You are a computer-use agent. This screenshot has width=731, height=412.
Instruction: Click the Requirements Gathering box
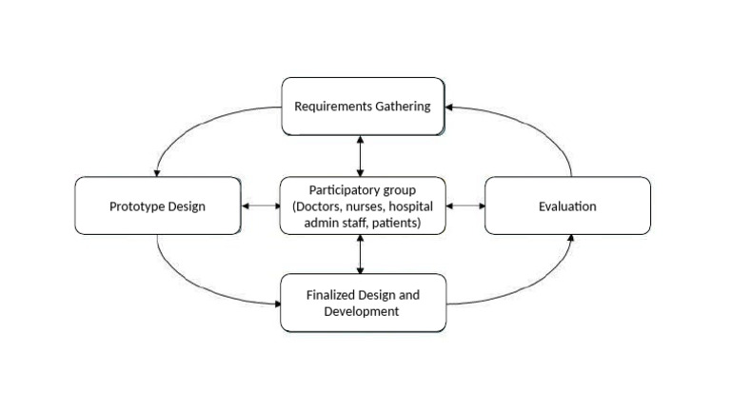tap(362, 106)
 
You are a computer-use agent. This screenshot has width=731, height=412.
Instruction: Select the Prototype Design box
tap(158, 206)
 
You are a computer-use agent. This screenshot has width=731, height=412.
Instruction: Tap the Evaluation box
tap(567, 206)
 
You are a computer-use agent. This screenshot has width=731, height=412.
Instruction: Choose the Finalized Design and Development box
tap(362, 303)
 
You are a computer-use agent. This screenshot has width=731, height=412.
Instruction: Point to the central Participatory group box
tap(362, 206)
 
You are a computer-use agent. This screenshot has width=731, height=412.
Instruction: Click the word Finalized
tap(333, 295)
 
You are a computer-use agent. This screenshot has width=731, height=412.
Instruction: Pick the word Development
tap(363, 311)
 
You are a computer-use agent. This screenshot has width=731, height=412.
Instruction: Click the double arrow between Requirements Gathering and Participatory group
tap(360, 155)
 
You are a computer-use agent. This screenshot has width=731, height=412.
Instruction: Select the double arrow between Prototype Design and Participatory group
tap(261, 206)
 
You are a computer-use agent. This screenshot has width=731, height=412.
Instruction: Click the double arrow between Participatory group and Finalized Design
tap(360, 254)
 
